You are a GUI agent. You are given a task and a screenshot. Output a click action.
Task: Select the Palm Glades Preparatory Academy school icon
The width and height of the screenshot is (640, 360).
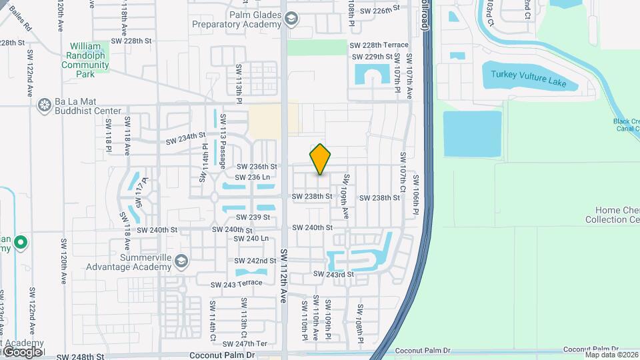pyautogui.click(x=291, y=19)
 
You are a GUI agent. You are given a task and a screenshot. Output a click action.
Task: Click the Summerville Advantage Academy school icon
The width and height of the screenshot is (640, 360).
pyautogui.click(x=181, y=261)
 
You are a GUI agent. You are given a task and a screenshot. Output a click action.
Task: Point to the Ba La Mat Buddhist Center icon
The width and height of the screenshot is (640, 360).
pyautogui.click(x=45, y=105)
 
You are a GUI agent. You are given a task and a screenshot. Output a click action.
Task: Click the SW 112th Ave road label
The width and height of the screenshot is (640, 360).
pyautogui.click(x=284, y=276)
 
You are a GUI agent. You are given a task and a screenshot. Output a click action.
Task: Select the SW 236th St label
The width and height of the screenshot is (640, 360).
pyautogui.click(x=257, y=167)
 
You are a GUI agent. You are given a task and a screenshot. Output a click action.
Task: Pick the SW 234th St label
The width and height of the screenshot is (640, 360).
pyautogui.click(x=186, y=138)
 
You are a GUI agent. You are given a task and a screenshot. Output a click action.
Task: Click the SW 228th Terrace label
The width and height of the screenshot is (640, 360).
pyautogui.click(x=379, y=45)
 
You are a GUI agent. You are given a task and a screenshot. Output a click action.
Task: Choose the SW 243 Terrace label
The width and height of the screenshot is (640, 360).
pyautogui.click(x=236, y=283)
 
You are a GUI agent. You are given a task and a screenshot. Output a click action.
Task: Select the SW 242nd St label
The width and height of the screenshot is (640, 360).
pyautogui.click(x=256, y=261)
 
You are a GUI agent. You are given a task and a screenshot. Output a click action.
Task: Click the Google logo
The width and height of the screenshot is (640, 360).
pyautogui.click(x=22, y=351)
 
